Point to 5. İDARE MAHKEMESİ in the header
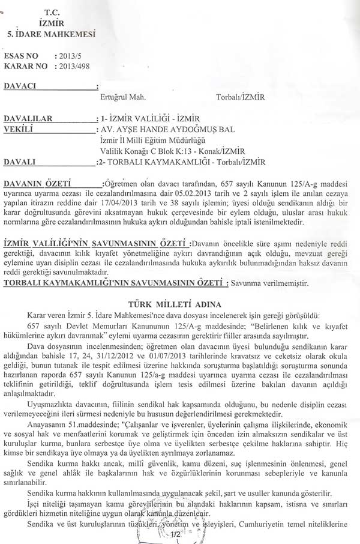(x=51, y=34)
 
